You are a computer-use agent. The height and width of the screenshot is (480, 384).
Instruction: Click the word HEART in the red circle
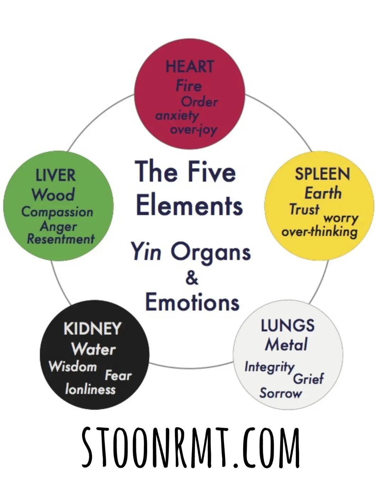tap(190, 66)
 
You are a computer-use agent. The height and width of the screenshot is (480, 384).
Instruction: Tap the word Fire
tap(188, 86)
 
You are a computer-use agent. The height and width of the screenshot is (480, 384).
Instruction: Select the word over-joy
tap(193, 130)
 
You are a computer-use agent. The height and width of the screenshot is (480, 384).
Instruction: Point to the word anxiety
tap(177, 116)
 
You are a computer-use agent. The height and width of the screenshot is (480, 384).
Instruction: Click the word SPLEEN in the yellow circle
tap(322, 174)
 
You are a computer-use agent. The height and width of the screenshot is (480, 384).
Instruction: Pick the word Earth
tap(323, 193)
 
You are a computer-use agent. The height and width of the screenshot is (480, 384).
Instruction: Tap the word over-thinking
tap(319, 232)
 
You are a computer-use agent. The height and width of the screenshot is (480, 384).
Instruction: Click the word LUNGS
tap(287, 326)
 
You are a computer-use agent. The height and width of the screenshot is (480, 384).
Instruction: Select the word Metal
tap(286, 345)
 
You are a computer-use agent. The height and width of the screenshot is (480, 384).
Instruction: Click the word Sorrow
tap(280, 393)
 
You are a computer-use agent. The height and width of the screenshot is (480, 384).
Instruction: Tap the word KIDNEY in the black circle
tap(92, 329)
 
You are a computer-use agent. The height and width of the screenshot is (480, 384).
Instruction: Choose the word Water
tap(94, 349)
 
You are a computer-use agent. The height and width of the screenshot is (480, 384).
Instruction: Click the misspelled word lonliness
tap(90, 389)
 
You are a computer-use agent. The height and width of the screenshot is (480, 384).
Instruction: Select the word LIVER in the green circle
tap(55, 176)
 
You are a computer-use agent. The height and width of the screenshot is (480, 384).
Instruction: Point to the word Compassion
tap(57, 212)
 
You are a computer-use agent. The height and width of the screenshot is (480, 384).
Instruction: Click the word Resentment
tap(61, 239)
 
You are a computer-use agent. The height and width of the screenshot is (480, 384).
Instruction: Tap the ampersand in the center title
tap(192, 278)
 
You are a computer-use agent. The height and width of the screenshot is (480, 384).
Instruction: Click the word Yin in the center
tap(146, 252)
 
